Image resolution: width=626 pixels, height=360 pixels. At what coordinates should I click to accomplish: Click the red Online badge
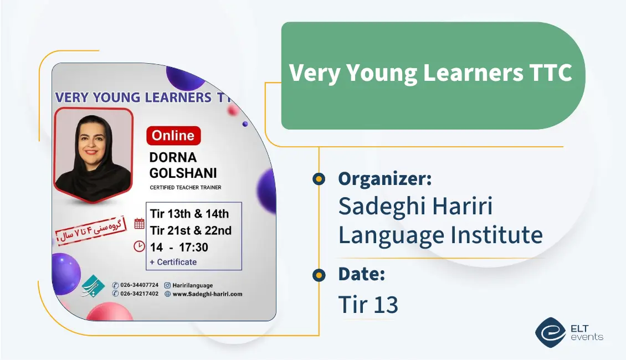173,136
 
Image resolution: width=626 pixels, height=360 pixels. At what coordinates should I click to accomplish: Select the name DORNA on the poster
173,157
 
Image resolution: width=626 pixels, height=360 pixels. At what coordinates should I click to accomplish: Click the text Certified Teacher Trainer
186,188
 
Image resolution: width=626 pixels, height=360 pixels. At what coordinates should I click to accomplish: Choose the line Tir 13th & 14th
189,214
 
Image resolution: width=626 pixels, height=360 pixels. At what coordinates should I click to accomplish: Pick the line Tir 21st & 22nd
191,230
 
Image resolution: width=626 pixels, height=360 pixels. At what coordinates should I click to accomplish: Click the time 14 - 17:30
179,247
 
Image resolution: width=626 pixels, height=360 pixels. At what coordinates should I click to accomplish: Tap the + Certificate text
173,262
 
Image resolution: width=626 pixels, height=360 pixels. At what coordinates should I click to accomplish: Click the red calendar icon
140,224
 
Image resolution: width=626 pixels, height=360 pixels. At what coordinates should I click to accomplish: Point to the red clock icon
139,246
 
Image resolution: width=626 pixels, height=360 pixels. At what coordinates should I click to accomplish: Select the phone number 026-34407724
139,285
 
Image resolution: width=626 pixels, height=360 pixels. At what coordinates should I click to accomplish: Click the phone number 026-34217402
139,294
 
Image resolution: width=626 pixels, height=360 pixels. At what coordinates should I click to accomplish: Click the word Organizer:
384,178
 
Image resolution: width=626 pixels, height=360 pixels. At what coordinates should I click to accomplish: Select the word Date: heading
361,274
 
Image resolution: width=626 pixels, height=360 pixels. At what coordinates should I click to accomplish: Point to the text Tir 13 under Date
368,305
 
